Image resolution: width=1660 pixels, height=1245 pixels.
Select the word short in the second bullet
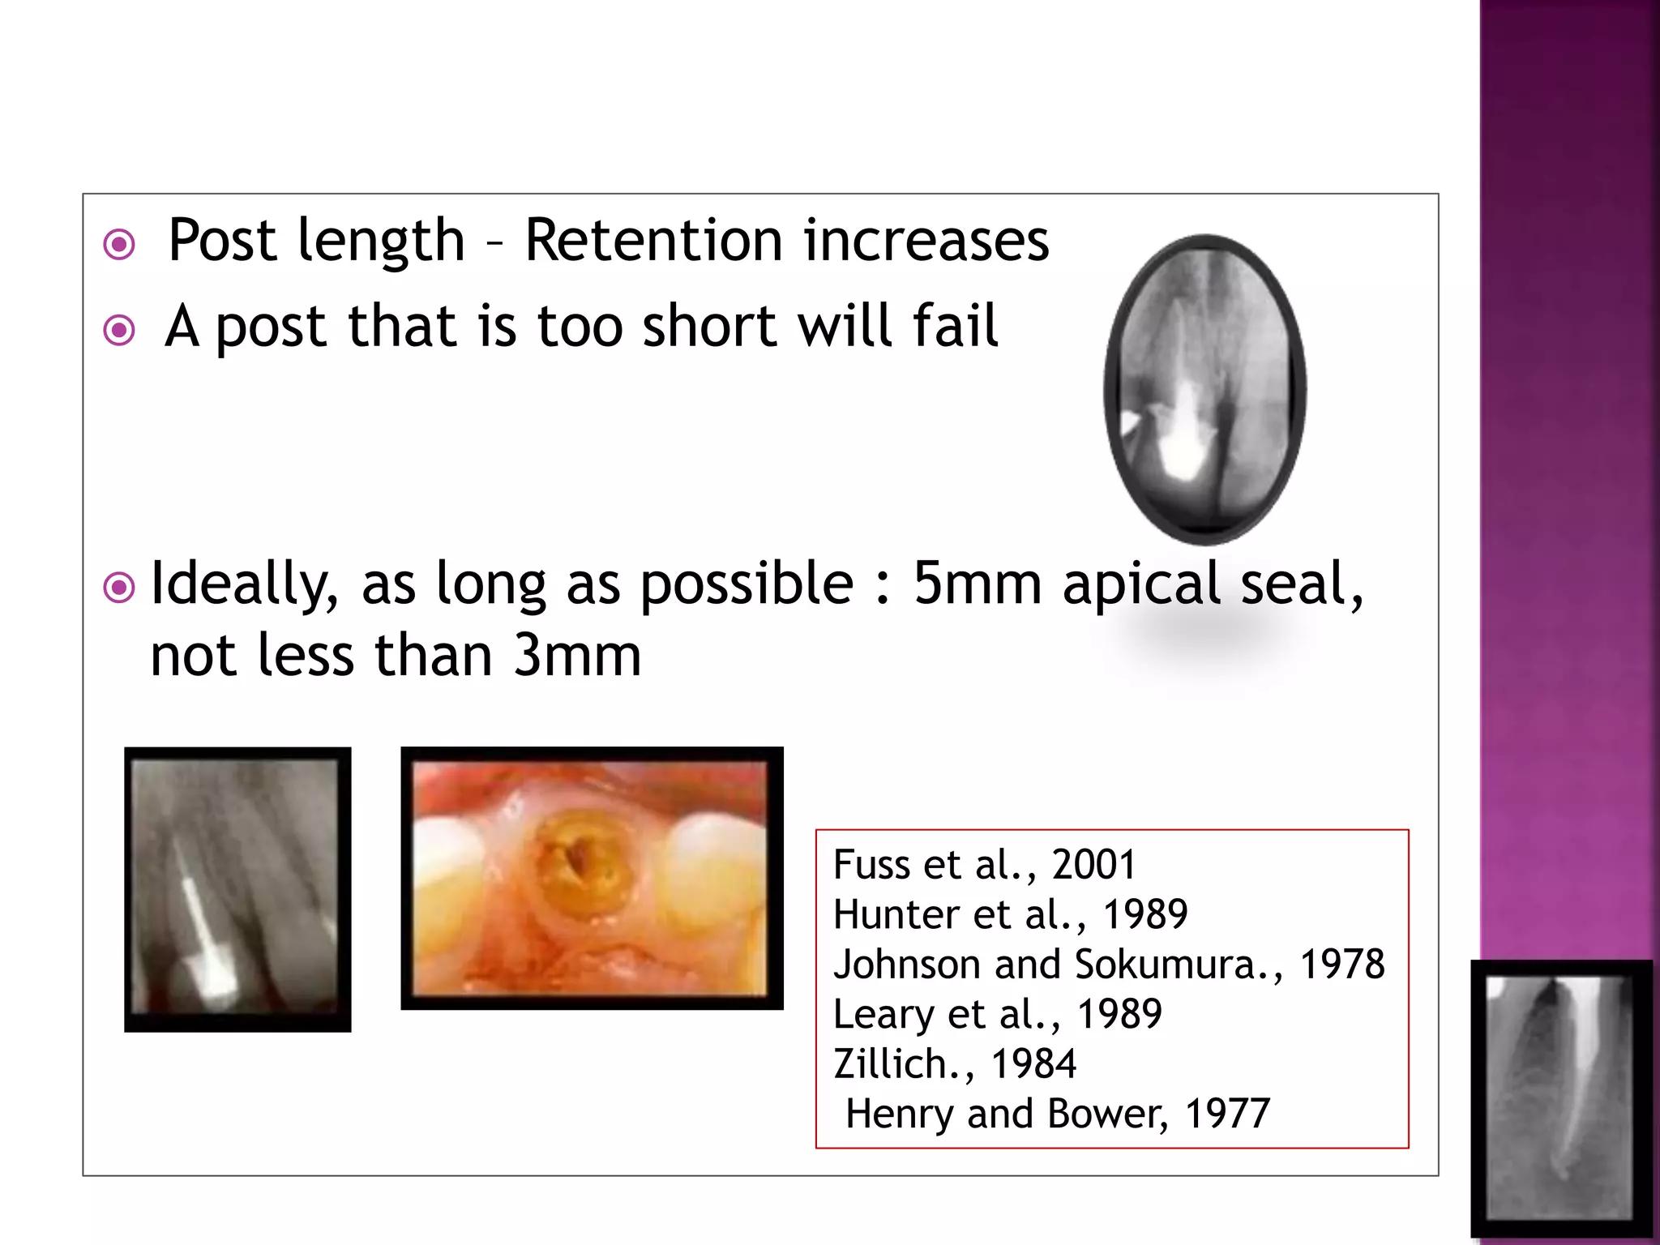click(x=710, y=326)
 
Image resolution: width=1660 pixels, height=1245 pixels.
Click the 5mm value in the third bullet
click(x=976, y=584)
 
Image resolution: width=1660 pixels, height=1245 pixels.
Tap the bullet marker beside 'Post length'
click(x=120, y=244)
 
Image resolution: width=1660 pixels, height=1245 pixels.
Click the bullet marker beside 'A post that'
click(x=120, y=330)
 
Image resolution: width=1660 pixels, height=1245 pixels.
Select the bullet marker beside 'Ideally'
click(x=120, y=588)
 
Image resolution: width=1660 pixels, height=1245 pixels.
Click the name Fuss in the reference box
click(x=871, y=865)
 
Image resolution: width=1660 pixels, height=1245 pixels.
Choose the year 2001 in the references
click(x=1093, y=865)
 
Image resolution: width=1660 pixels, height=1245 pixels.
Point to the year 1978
click(x=1342, y=965)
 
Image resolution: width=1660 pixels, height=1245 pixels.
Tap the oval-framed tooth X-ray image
click(x=1205, y=389)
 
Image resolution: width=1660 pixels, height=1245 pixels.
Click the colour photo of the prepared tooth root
click(x=592, y=878)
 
